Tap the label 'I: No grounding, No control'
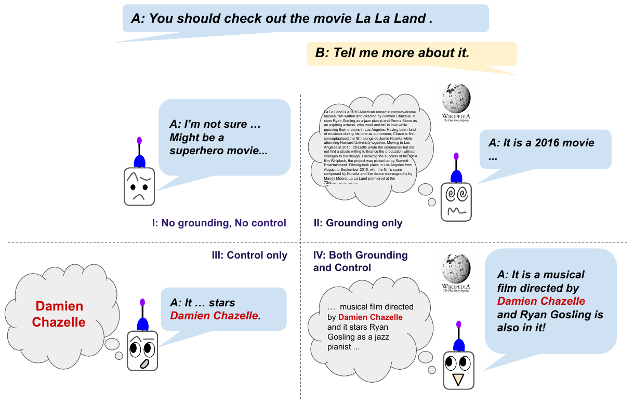pyautogui.click(x=219, y=223)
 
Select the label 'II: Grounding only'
pyautogui.click(x=358, y=223)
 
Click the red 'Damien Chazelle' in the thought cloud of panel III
pyautogui.click(x=59, y=314)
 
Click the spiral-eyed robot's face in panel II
pyautogui.click(x=456, y=201)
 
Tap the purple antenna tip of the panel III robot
pyautogui.click(x=142, y=302)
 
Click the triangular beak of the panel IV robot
pyautogui.click(x=458, y=380)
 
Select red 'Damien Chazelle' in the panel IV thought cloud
pyautogui.click(x=370, y=317)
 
